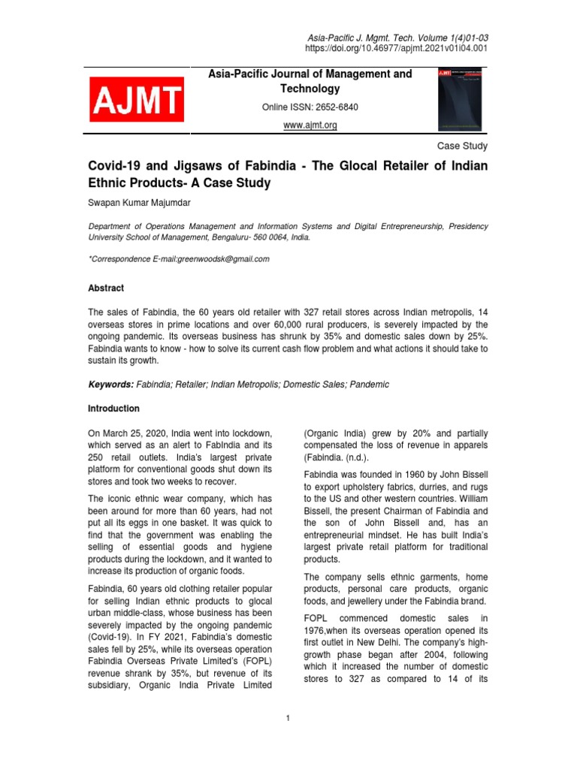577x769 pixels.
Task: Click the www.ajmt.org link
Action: (x=310, y=125)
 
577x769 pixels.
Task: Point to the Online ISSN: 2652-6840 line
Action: (x=310, y=107)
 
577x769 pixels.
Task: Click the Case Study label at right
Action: (x=462, y=146)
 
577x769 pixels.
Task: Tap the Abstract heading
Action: (x=106, y=288)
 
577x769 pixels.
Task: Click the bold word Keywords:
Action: (x=111, y=384)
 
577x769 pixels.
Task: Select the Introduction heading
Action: (x=113, y=409)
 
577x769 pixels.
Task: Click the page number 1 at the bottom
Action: (x=288, y=719)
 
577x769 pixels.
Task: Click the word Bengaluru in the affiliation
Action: (x=254, y=237)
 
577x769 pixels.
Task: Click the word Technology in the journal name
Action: (x=310, y=89)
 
